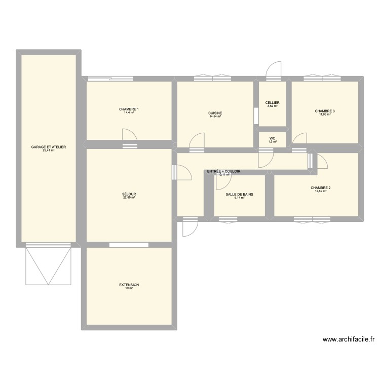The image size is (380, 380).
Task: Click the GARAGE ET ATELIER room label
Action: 49,147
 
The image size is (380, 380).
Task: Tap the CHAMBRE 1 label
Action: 129,109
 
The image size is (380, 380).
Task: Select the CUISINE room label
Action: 215,113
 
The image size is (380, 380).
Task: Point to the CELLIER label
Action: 272,103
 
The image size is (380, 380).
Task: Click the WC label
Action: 272,138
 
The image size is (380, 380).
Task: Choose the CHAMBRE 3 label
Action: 325,111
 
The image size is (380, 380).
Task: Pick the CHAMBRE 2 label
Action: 321,188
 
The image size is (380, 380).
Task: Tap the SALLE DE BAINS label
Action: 240,194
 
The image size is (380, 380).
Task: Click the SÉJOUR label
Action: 129,194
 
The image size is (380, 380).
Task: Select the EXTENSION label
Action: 129,285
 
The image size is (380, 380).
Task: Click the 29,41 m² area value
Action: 49,150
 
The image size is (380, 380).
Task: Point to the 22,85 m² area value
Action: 129,198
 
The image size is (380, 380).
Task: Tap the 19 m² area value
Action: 129,288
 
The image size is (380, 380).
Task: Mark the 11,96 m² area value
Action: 325,115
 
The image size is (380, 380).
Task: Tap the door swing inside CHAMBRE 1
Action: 130,136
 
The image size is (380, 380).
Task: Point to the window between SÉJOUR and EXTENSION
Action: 129,245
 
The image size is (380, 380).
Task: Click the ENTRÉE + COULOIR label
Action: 223,172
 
